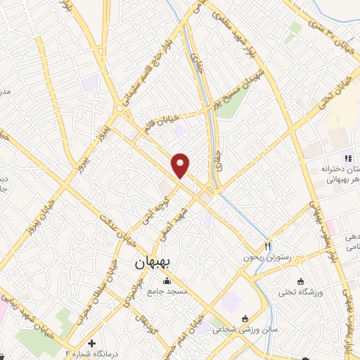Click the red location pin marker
(x=181, y=165)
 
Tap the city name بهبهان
(x=156, y=264)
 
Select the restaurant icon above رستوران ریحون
(x=267, y=247)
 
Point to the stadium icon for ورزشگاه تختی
(x=302, y=262)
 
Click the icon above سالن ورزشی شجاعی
(x=244, y=317)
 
